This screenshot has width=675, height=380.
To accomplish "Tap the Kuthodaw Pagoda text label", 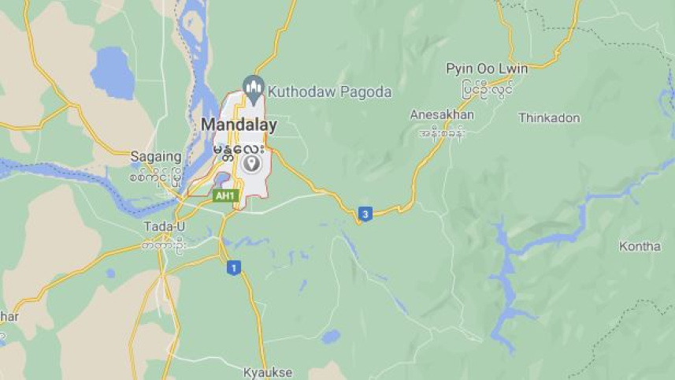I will (329, 92).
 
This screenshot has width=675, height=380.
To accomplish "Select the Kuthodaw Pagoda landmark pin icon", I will (253, 87).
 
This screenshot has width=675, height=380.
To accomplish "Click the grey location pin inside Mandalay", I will (251, 163).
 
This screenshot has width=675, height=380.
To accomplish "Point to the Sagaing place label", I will (156, 156).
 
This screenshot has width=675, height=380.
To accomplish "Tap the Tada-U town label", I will (164, 227).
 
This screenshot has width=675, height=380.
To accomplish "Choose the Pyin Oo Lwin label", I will (487, 69).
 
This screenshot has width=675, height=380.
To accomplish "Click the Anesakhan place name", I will (442, 115).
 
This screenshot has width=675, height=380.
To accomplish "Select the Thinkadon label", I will (549, 118).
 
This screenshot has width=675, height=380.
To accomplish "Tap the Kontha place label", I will (640, 247).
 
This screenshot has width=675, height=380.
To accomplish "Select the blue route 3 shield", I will (365, 214).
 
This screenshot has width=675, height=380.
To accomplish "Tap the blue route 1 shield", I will (233, 268).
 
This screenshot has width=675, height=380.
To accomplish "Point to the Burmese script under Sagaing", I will (156, 174).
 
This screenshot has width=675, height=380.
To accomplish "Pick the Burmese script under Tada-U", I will (164, 244).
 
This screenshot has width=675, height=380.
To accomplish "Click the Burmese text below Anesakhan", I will (443, 132).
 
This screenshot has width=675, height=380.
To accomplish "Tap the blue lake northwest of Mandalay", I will (113, 73).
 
